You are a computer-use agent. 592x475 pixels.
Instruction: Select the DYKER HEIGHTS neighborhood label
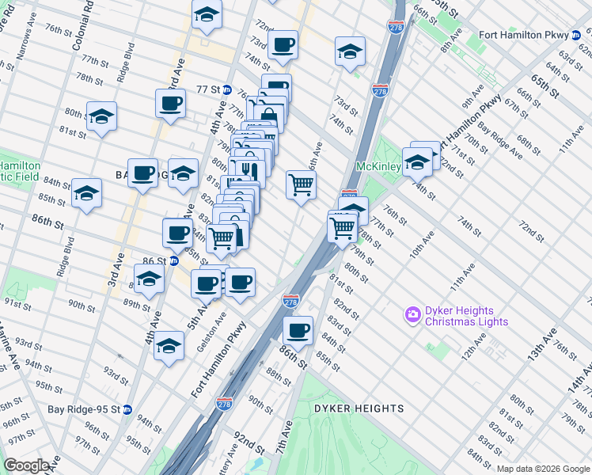359,408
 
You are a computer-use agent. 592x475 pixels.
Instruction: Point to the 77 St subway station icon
226,89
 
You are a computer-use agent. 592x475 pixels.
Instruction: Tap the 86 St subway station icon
173,260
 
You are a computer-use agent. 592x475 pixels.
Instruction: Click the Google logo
26,465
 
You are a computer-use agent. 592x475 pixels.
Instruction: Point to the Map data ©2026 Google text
543,469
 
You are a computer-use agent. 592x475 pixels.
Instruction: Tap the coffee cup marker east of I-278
298,329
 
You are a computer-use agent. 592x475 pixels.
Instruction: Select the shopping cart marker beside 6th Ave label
301,184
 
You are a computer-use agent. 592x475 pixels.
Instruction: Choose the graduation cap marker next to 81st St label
101,116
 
